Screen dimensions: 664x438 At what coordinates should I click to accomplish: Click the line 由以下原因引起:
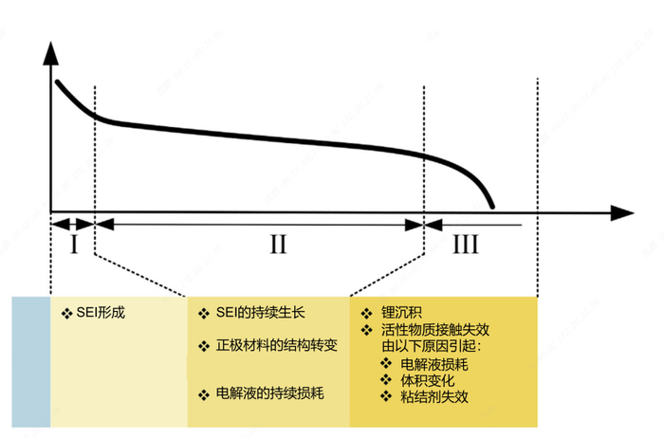tap(426, 345)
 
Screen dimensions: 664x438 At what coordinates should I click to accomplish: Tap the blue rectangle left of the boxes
tap(31, 361)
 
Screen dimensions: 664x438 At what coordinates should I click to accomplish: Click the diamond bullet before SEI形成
tap(65, 312)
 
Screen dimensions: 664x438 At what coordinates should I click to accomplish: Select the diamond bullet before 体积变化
tap(386, 381)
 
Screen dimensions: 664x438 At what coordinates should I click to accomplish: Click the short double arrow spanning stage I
tap(73, 225)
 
